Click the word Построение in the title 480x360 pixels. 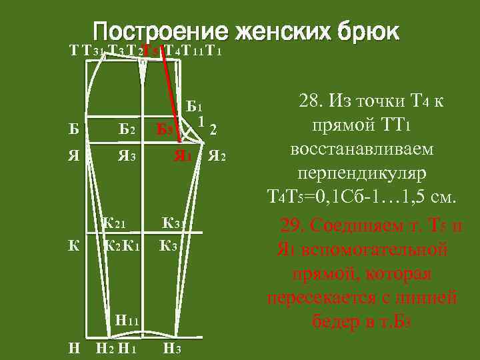tap(158, 31)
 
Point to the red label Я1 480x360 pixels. tap(183, 157)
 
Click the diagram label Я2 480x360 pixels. tap(217, 157)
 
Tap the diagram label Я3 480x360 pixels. tap(127, 157)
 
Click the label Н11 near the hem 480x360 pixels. tap(126, 321)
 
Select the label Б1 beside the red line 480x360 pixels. tap(195, 106)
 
